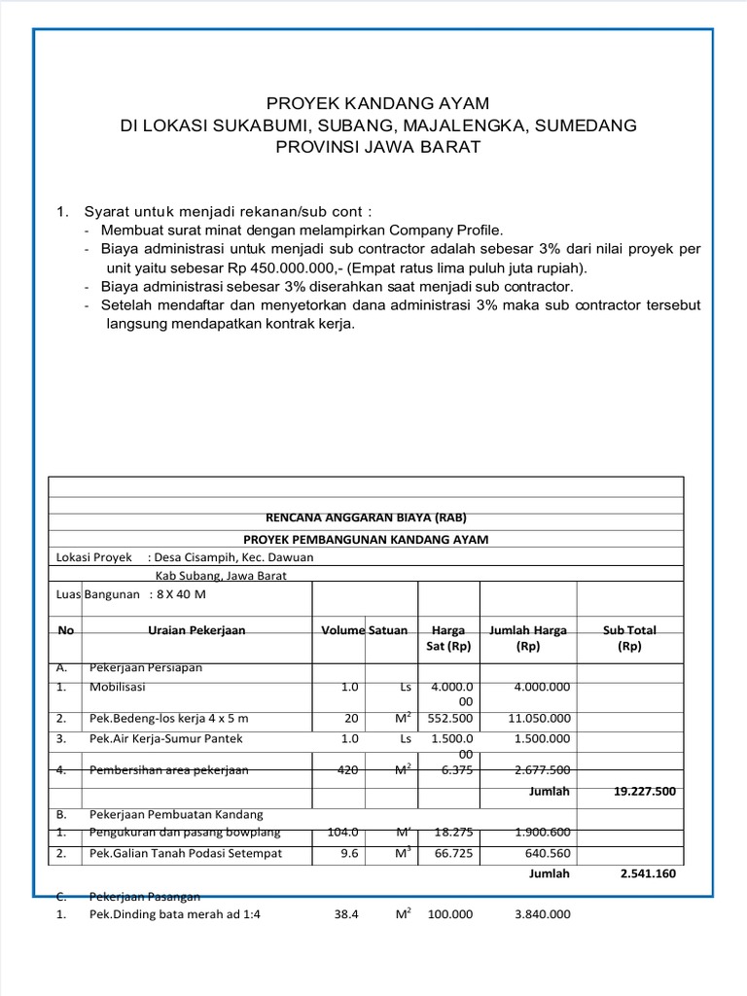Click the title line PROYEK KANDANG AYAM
coord(378,103)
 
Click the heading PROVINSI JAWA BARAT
coord(378,147)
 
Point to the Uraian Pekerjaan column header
coord(196,630)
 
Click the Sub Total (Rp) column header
coord(629,638)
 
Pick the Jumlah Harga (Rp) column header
coord(528,638)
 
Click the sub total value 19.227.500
coord(645,791)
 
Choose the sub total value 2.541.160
coord(648,873)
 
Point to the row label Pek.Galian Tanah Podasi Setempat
coord(186,854)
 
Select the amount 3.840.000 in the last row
coord(537,914)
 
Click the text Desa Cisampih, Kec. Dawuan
coord(231,557)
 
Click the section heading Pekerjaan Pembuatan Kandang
coord(176,814)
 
